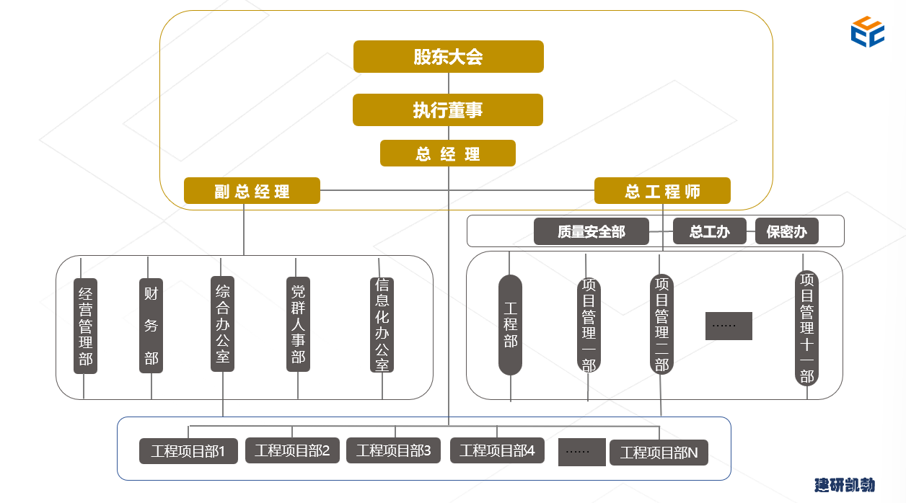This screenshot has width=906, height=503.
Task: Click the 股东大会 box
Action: pyautogui.click(x=448, y=57)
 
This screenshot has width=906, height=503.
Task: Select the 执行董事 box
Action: pyautogui.click(x=448, y=110)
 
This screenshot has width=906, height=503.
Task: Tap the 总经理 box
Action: pyautogui.click(x=448, y=153)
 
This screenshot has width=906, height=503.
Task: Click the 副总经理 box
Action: pyautogui.click(x=252, y=192)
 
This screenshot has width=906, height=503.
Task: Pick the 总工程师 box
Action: pyautogui.click(x=662, y=192)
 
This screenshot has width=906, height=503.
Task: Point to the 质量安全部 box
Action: pyautogui.click(x=591, y=232)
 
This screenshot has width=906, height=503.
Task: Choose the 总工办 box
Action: pyautogui.click(x=709, y=232)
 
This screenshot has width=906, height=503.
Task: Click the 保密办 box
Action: pyautogui.click(x=786, y=232)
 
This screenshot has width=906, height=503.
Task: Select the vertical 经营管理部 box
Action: pyautogui.click(x=85, y=326)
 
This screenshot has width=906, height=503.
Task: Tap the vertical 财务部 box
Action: pyautogui.click(x=151, y=326)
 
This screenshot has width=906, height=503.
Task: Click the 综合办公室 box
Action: pyautogui.click(x=223, y=324)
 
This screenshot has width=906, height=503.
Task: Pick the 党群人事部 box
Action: pyautogui.click(x=298, y=324)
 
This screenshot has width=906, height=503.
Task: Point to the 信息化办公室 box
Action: pyautogui.click(x=382, y=325)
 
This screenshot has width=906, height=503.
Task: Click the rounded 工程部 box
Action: pyautogui.click(x=511, y=325)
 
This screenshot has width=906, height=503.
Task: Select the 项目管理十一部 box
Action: pyautogui.click(x=806, y=328)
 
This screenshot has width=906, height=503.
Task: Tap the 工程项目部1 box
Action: pyautogui.click(x=188, y=452)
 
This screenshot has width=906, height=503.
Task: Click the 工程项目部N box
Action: pyautogui.click(x=659, y=453)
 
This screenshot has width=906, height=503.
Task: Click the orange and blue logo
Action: pyautogui.click(x=867, y=32)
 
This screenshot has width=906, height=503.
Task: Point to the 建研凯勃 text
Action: pyautogui.click(x=845, y=485)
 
